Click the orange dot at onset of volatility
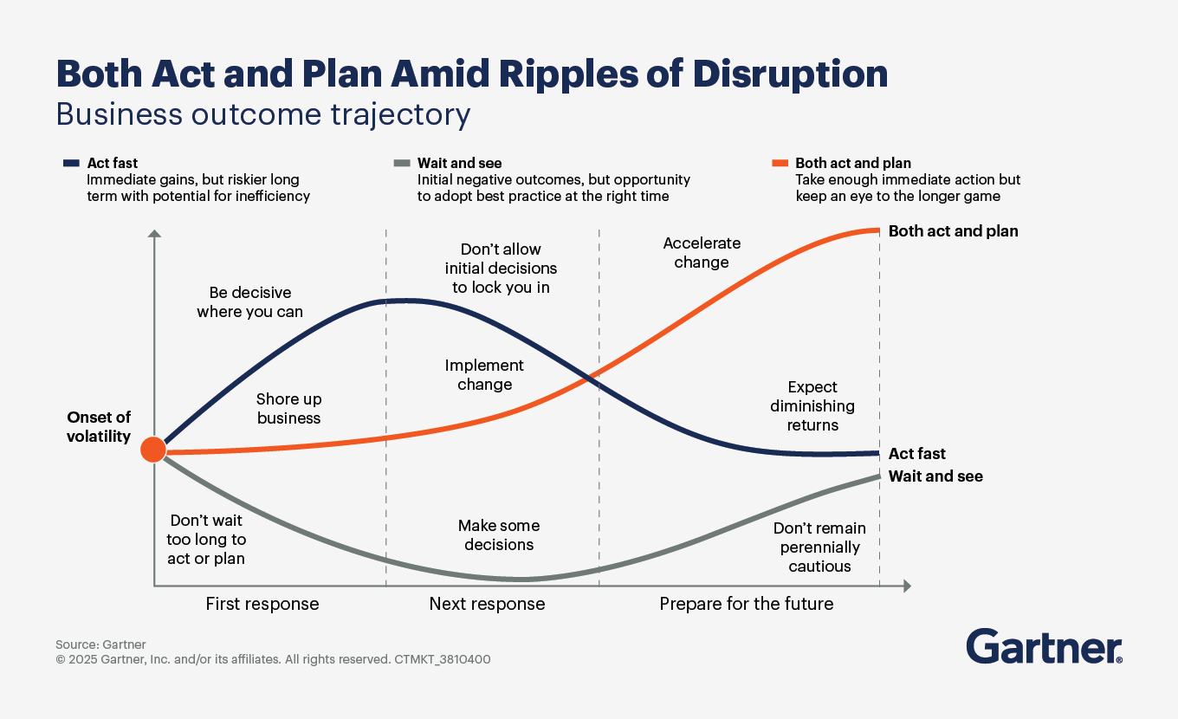(153, 450)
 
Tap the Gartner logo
(1044, 646)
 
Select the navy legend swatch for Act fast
(71, 163)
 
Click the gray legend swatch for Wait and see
(402, 163)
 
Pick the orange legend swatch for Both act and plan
(780, 163)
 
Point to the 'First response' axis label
(262, 604)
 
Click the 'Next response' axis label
(487, 604)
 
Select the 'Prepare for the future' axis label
(747, 604)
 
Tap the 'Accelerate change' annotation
(702, 252)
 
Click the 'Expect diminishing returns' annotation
(812, 406)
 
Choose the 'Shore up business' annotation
(288, 408)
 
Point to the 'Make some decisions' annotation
(499, 534)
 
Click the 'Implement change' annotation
(484, 374)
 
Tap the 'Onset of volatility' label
(99, 426)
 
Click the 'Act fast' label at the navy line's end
(916, 453)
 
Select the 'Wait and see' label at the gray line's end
(935, 476)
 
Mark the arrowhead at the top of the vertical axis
(154, 234)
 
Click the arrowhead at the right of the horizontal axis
(907, 586)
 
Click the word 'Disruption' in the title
(790, 74)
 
